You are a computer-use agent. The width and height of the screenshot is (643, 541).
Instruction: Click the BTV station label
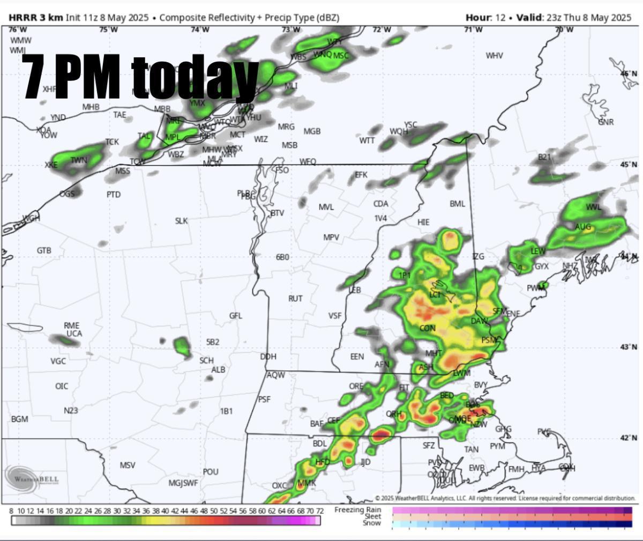coord(277,213)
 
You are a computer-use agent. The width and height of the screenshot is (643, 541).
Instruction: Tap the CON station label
coord(427,328)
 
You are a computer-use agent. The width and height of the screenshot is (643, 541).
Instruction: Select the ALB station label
coord(218,369)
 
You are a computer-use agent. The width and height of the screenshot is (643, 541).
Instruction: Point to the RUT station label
coord(295,298)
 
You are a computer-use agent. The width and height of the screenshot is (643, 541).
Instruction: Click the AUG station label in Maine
coord(583,227)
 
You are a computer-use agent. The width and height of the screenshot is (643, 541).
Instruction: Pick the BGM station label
coord(19,419)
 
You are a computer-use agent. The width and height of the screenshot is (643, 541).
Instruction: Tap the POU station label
coord(211,471)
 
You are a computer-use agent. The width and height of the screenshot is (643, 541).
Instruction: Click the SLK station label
coord(181,220)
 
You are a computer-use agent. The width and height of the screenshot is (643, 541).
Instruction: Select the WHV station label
coord(494,55)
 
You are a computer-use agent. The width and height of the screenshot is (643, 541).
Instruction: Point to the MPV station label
coord(331,237)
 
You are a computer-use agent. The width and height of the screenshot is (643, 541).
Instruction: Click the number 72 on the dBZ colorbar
coord(319,511)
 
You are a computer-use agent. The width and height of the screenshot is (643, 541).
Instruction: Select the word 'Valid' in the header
coord(529,17)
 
